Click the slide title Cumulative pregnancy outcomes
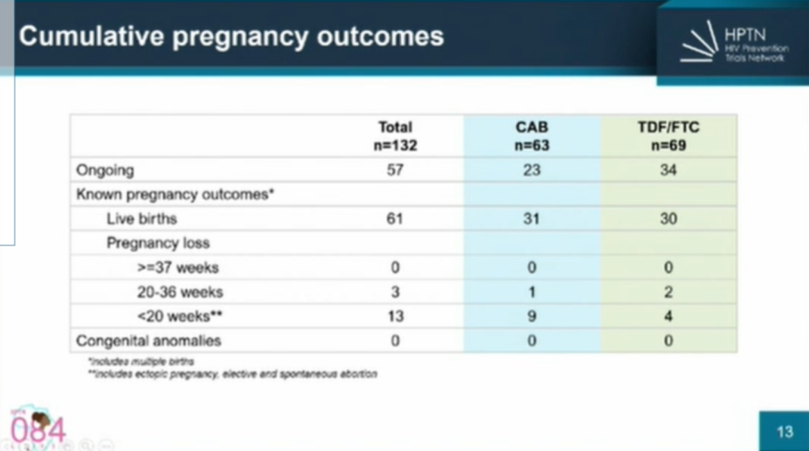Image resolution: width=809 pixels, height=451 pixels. point(231,36)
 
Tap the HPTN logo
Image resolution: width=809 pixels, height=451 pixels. point(733,44)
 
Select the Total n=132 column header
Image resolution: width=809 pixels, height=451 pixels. point(395,136)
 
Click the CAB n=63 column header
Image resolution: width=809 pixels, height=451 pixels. point(532,136)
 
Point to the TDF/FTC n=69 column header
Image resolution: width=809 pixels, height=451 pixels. point(669,136)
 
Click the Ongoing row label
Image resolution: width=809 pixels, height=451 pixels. point(105,170)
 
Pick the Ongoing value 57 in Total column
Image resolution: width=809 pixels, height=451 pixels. point(395,170)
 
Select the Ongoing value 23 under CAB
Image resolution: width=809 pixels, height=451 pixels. point(532,170)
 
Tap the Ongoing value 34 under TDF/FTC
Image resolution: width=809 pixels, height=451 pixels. point(669,170)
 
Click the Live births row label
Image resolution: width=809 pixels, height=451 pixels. point(141,219)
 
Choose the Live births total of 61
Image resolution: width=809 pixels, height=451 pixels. point(395,219)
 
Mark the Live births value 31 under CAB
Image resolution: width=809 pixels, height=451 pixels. point(532,219)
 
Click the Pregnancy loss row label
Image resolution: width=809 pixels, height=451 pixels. point(158,243)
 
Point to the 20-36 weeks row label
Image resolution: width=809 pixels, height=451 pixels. point(180,292)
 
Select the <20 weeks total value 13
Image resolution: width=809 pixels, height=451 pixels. point(395,317)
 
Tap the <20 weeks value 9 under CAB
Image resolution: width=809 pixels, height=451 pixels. point(532,317)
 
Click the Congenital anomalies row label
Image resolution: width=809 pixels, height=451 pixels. point(149,341)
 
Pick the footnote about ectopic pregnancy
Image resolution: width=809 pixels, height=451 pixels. point(233,373)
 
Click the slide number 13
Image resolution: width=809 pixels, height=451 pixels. point(785,431)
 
